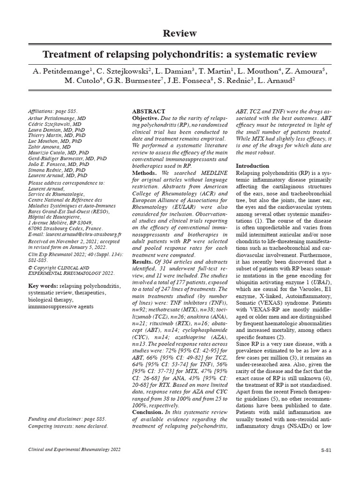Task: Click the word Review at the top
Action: point(180,33)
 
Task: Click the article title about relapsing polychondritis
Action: point(180,54)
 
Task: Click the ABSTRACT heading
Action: point(149,112)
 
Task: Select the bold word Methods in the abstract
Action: point(144,173)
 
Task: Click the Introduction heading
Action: point(252,166)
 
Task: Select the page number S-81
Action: point(326,450)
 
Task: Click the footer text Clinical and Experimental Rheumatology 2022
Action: point(75,450)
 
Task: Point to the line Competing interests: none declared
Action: point(68,426)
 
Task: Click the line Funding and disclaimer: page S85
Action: point(67,419)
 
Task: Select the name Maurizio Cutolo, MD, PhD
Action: point(58,152)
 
